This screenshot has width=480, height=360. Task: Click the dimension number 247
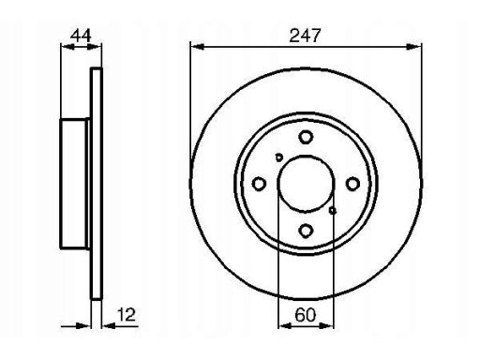(x=305, y=36)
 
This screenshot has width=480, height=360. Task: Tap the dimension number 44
(x=81, y=36)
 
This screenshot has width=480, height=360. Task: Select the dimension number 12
(x=127, y=314)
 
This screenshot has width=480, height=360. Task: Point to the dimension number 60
(x=306, y=315)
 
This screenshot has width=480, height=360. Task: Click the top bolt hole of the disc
(x=306, y=137)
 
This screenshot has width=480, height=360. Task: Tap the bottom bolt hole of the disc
(x=306, y=231)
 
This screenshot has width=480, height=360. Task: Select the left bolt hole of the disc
(x=259, y=184)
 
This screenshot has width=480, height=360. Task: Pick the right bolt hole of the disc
(x=352, y=184)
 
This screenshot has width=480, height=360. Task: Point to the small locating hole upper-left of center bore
(x=278, y=157)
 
